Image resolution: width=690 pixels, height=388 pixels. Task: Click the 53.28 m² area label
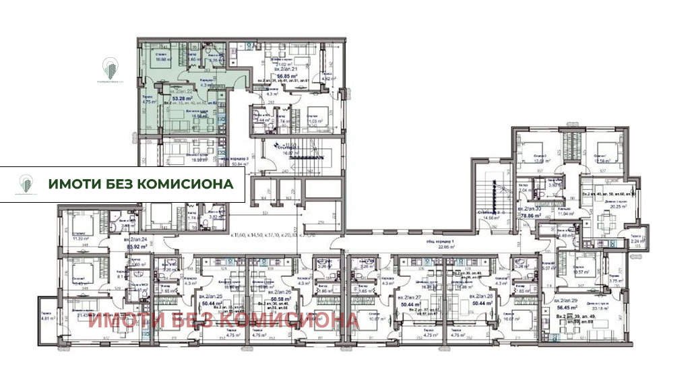point(179,98)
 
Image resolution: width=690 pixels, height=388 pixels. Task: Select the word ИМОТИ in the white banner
point(72,184)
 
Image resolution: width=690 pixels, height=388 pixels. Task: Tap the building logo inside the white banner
point(27,183)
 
